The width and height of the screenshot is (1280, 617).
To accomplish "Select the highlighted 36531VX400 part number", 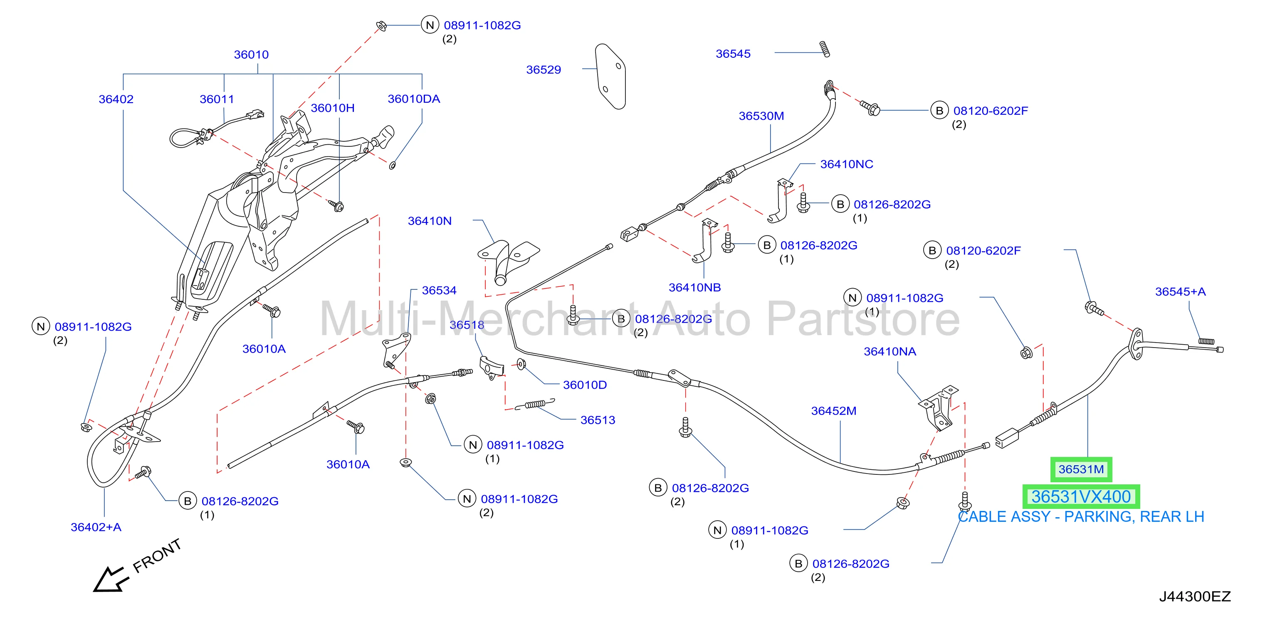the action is coord(1081,496).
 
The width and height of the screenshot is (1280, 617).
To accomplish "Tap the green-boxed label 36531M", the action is coord(1081,469).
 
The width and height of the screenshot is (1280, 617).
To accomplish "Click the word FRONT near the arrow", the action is coord(157,555).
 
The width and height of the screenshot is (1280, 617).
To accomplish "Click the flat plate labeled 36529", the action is coord(610,77).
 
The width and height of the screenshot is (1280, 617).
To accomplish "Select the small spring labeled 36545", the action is coord(824,49).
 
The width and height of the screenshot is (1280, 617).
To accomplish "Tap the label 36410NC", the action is coord(846,164).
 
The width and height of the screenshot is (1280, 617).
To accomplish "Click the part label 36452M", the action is coord(833,411).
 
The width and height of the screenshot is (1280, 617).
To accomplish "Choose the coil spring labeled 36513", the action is coord(535,405).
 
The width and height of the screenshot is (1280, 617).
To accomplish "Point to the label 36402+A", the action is coord(96,527).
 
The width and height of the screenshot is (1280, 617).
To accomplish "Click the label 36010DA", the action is coord(413,99).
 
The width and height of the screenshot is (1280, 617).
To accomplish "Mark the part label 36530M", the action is coord(761,116).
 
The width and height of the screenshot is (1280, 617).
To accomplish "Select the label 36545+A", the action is coord(1180,291).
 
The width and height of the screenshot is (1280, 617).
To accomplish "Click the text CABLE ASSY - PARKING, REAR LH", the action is coord(1081,517).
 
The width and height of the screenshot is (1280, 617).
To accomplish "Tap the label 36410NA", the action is coord(890,352).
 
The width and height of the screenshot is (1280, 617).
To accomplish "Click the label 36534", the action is coord(439,290).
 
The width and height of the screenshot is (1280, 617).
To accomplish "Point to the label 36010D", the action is coord(585,385).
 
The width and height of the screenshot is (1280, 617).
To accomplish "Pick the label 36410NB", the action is coord(694,288).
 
